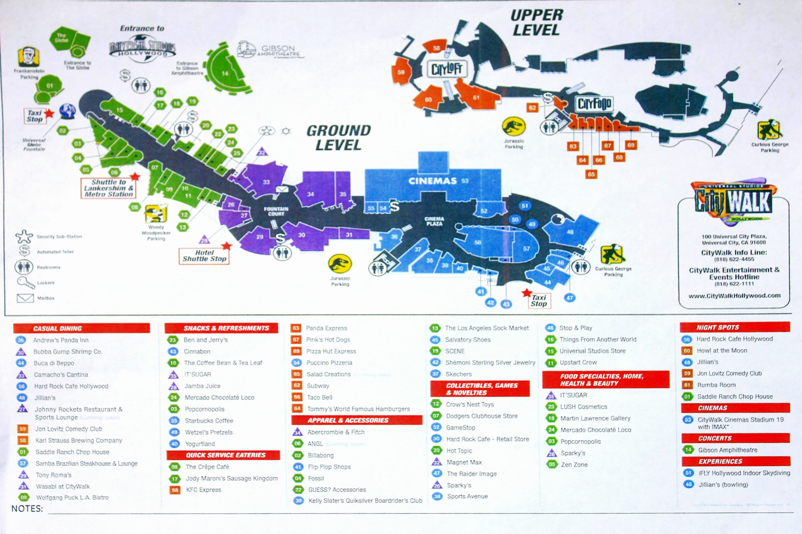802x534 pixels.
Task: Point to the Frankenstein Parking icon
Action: pyautogui.click(x=28, y=57)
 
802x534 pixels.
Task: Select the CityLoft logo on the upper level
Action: pyautogui.click(x=447, y=69)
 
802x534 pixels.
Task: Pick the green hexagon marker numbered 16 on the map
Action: pyautogui.click(x=160, y=92)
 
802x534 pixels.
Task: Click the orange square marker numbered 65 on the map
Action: pyautogui.click(x=591, y=174)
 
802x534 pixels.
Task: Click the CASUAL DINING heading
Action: pyautogui.click(x=57, y=328)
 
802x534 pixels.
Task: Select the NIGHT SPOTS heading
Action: pyautogui.click(x=718, y=327)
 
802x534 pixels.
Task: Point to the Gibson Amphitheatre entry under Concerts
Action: pyautogui.click(x=727, y=450)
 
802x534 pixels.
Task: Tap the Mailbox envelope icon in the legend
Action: pyautogui.click(x=25, y=298)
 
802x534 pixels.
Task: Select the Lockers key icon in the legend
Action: pyautogui.click(x=25, y=282)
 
